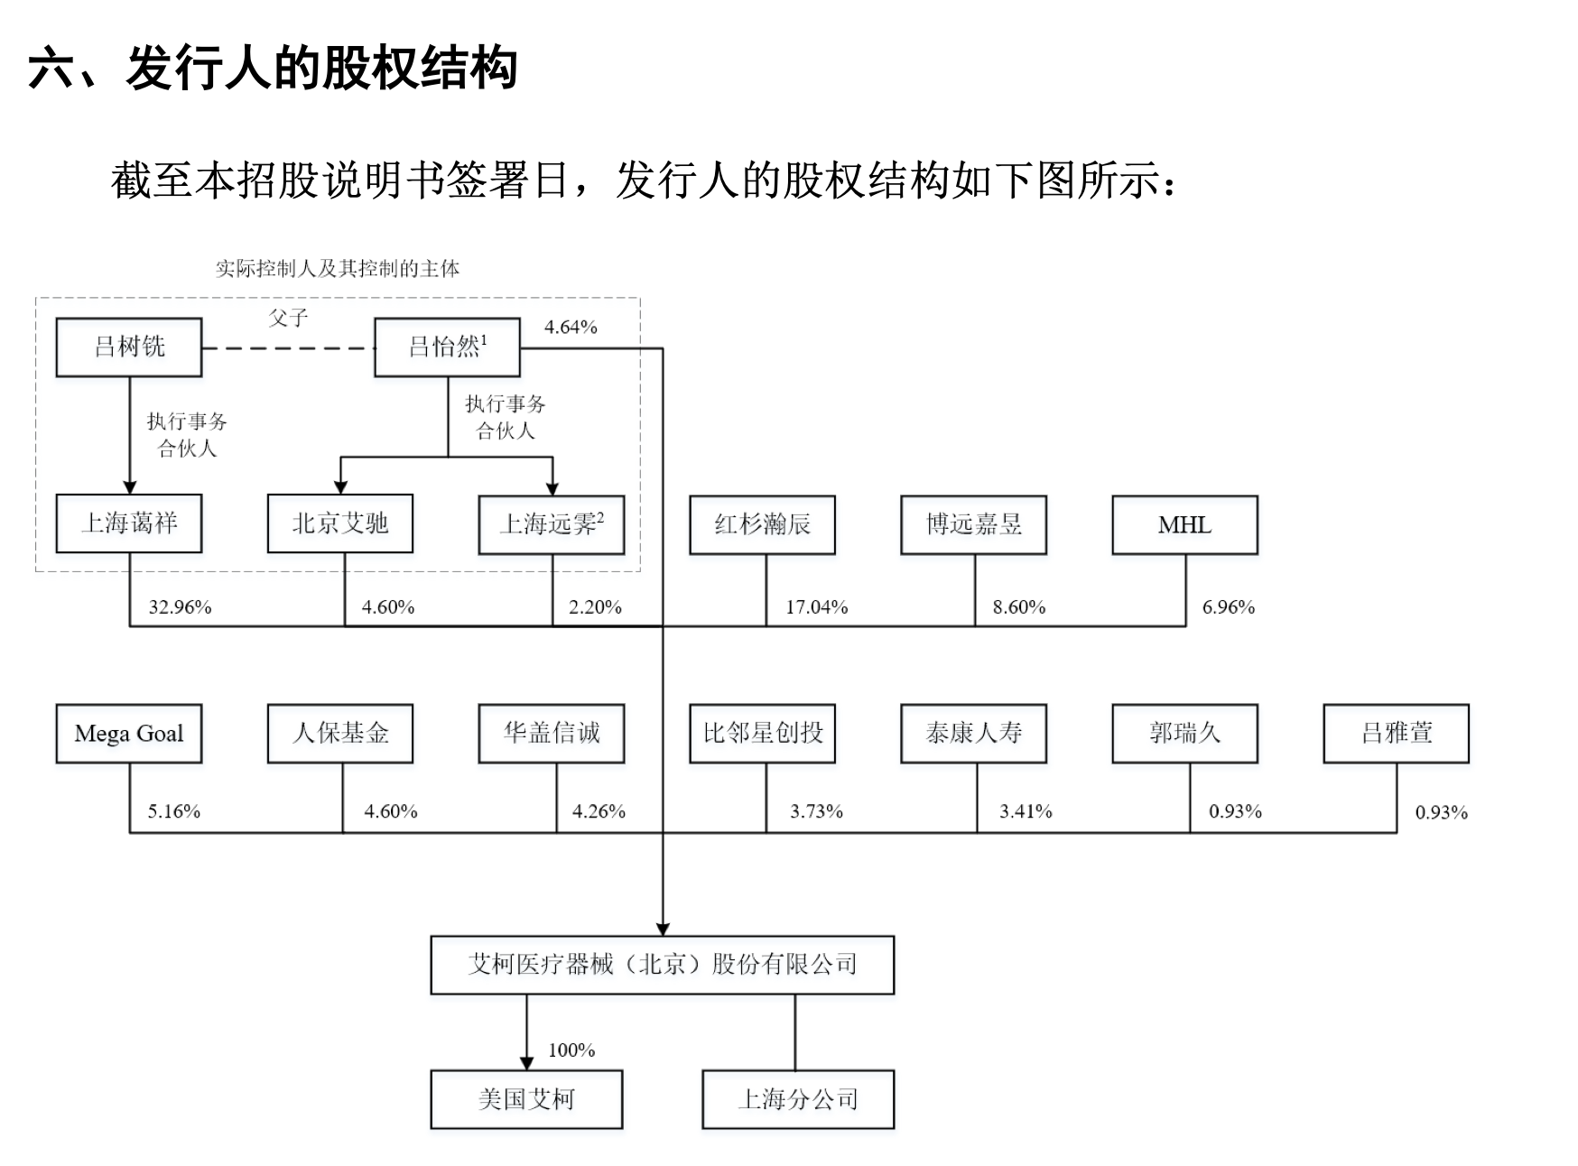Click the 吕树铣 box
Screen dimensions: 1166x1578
pos(129,347)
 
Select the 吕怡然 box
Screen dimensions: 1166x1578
pos(447,347)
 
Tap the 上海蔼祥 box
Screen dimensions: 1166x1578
pos(129,523)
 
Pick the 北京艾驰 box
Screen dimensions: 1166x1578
pos(340,523)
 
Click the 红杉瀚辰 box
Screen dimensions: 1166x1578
pos(762,524)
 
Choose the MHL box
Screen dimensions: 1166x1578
pos(1184,524)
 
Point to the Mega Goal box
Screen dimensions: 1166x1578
pos(129,734)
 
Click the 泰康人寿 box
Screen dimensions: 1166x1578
pos(973,733)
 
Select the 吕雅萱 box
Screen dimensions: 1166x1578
pos(1396,733)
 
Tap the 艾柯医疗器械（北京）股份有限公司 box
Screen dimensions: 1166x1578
pos(662,965)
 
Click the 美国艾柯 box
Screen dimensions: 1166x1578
pos(526,1099)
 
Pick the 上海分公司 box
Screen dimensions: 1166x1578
pos(798,1099)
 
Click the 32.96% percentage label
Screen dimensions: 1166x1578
pos(180,607)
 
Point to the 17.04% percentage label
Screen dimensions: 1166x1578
pos(816,607)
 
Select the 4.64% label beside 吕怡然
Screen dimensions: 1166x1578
pos(571,327)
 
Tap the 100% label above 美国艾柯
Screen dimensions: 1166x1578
pos(571,1050)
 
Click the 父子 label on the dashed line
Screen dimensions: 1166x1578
pos(288,318)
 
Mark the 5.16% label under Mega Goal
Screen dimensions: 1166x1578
pos(174,811)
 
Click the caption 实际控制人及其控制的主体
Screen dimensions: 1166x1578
pos(338,269)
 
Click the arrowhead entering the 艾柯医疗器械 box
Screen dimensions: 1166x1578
pos(663,930)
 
